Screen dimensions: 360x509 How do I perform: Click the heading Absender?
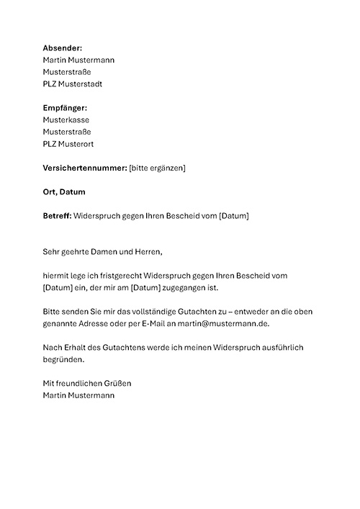pos(63,48)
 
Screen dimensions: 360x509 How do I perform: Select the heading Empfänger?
pos(66,108)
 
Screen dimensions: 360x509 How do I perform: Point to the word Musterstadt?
pos(83,84)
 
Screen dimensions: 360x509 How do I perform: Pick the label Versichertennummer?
pos(84,168)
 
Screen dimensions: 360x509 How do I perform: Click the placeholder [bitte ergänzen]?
pos(157,168)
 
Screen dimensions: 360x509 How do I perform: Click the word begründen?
pos(64,359)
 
